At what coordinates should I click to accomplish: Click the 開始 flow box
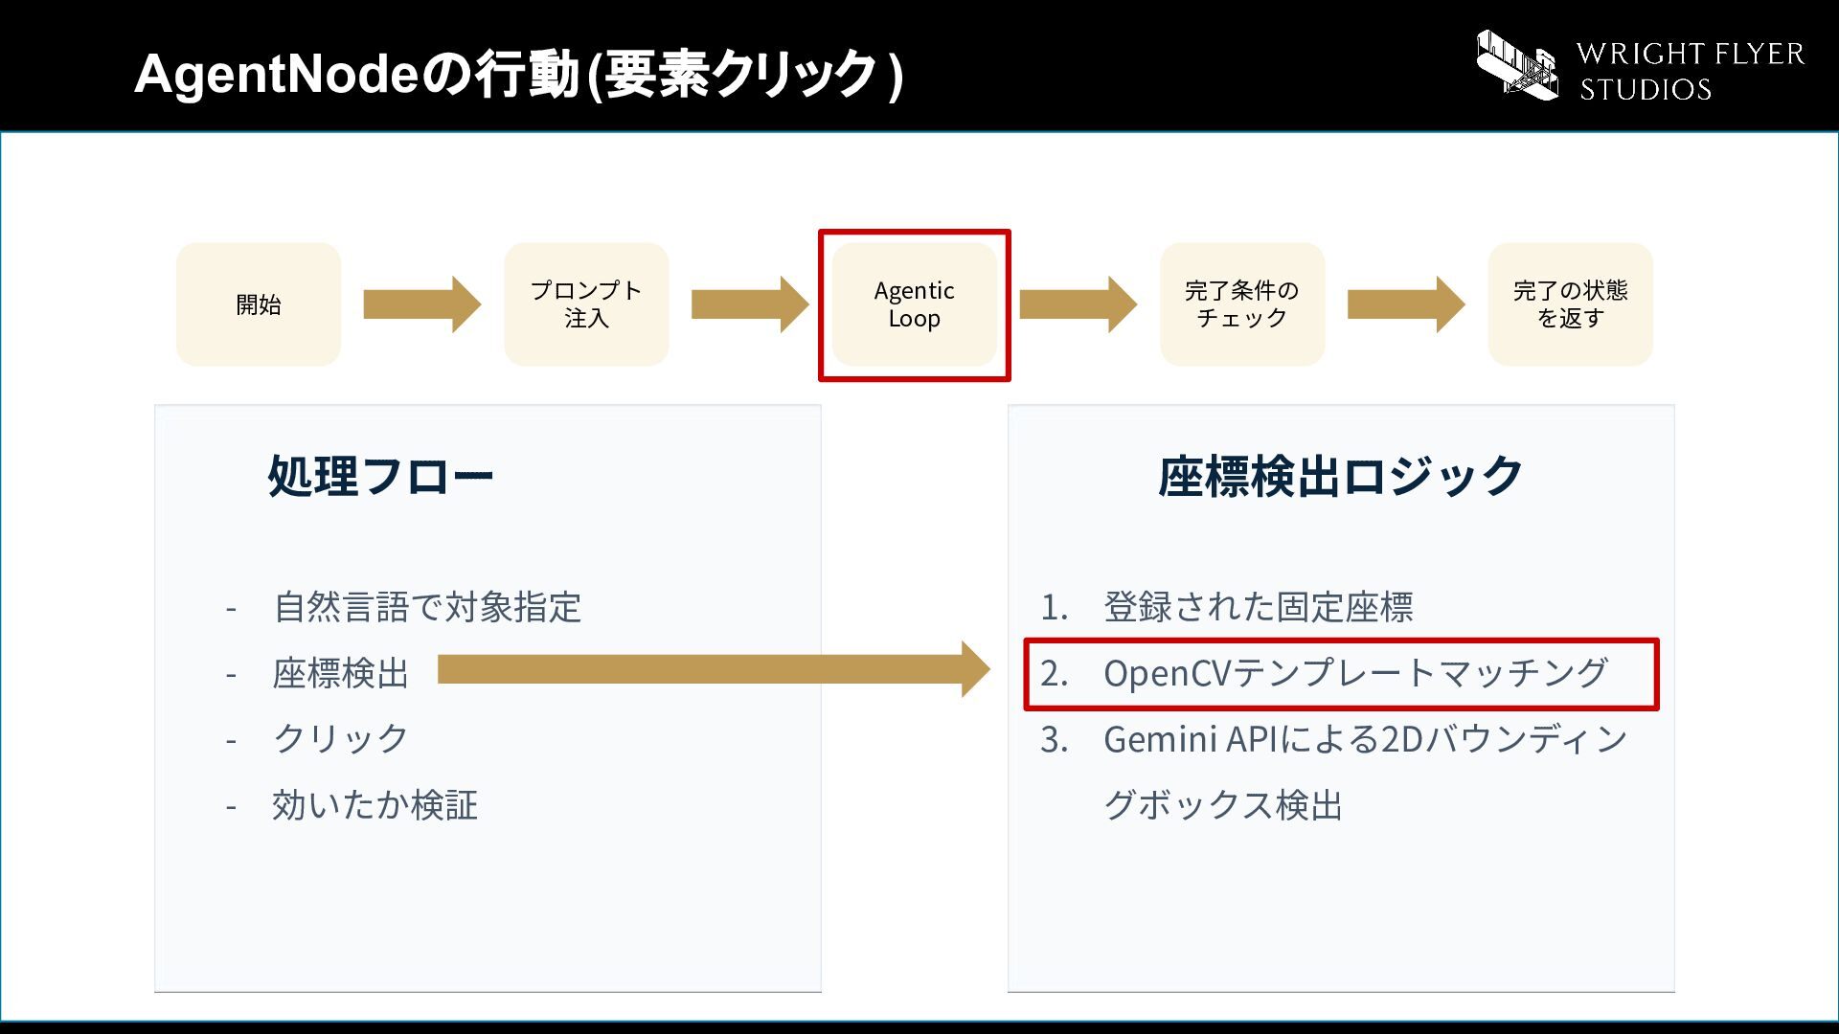click(259, 304)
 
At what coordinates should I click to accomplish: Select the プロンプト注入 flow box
click(586, 304)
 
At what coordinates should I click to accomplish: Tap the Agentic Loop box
click(915, 304)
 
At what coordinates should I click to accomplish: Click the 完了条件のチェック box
click(1242, 304)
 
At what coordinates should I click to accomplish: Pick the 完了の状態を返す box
click(1570, 304)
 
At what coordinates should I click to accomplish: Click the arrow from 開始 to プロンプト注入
click(422, 304)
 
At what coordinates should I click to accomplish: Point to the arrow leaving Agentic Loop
click(1078, 304)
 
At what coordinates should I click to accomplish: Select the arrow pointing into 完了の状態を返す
click(1406, 304)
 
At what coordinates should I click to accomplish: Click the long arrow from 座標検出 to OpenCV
click(714, 669)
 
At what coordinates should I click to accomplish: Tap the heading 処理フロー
click(380, 476)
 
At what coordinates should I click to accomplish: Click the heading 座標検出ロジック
click(1341, 476)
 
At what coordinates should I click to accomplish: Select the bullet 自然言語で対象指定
click(427, 607)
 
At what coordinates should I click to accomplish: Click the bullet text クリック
click(341, 738)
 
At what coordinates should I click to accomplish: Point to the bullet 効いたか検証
click(375, 805)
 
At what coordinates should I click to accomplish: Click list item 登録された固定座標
click(1259, 607)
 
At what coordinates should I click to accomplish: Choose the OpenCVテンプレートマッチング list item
click(1355, 673)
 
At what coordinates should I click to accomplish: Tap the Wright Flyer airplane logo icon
click(1517, 64)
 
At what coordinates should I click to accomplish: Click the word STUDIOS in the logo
click(1646, 90)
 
